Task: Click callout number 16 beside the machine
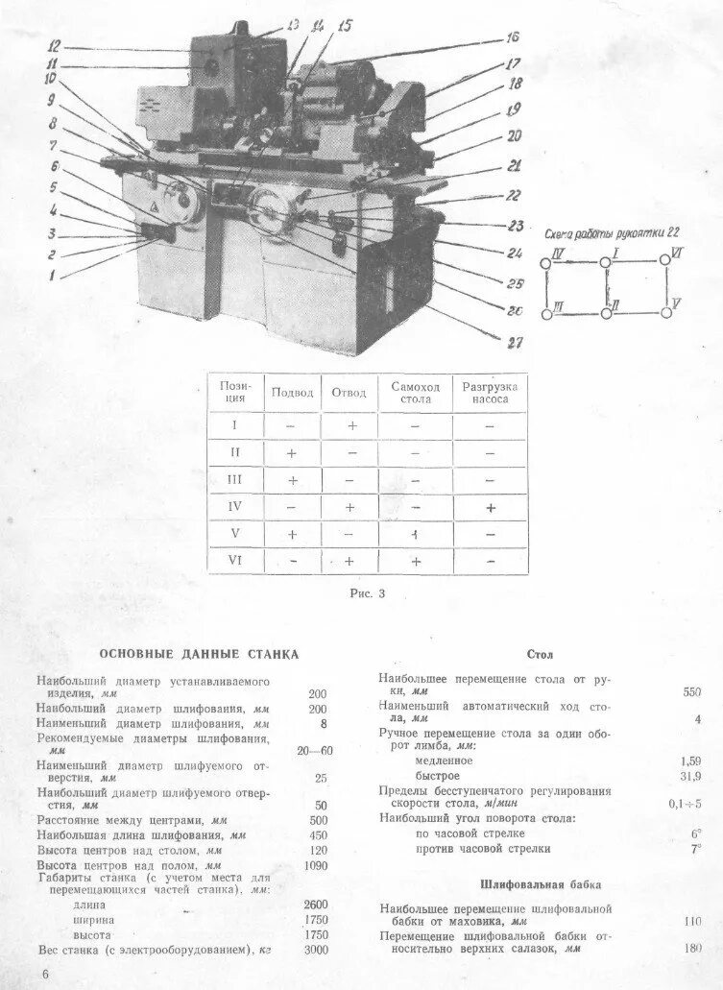(x=511, y=37)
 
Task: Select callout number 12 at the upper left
(x=54, y=45)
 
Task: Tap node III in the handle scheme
(x=546, y=313)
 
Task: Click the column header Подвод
(x=292, y=392)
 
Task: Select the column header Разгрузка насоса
(x=489, y=392)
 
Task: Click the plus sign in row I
(x=350, y=424)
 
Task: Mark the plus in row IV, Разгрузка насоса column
(x=490, y=507)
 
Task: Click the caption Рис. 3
(x=367, y=593)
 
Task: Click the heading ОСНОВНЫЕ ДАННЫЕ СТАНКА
(x=200, y=654)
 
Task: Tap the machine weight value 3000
(x=315, y=950)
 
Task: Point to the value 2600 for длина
(x=315, y=904)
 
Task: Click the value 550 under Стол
(x=691, y=690)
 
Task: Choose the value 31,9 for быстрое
(x=690, y=776)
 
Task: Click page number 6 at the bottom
(x=45, y=975)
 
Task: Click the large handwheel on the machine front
(x=269, y=212)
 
